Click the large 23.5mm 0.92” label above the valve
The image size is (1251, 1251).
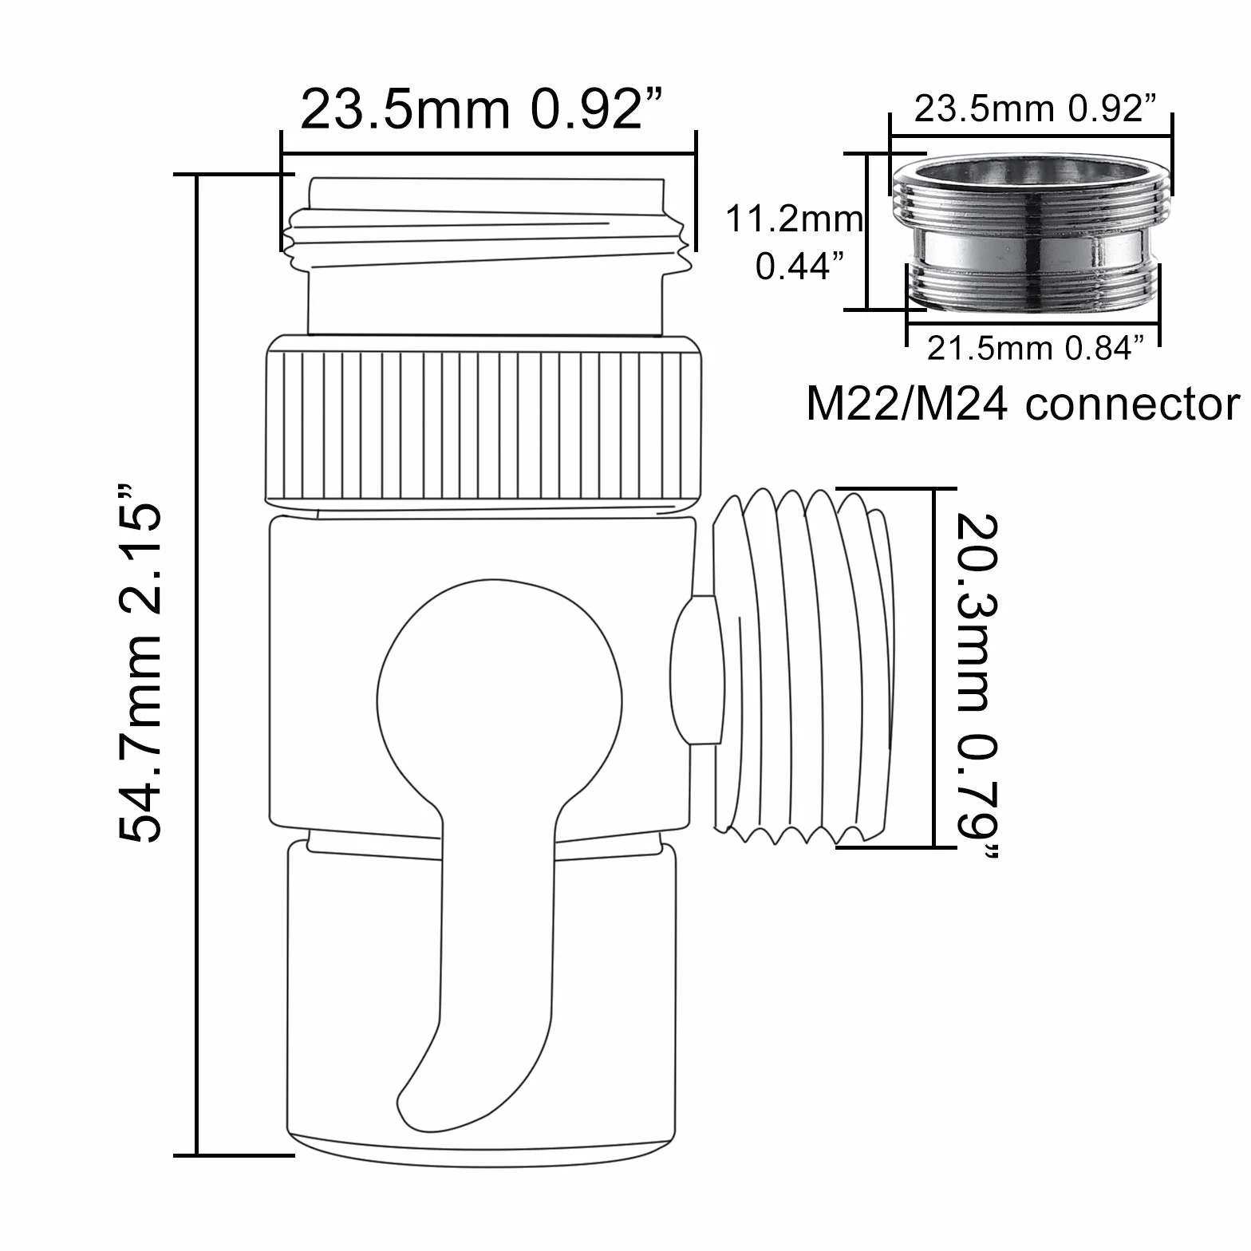tap(482, 109)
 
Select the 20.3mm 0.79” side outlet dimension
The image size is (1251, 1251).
tap(975, 687)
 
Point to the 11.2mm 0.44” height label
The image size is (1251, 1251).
tap(793, 243)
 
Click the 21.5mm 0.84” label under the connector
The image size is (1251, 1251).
tap(1035, 349)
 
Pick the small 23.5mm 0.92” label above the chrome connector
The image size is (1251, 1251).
tap(1035, 109)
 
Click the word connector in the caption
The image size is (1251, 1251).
tap(1133, 404)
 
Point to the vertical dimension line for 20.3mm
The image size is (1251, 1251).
tap(932, 668)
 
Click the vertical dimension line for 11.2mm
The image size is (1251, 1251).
tap(867, 231)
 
